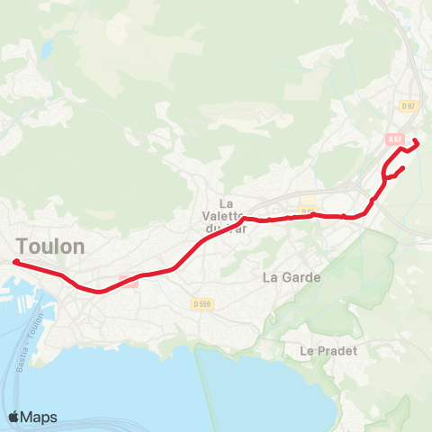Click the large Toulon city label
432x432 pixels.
click(x=50, y=246)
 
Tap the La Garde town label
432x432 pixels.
click(x=292, y=277)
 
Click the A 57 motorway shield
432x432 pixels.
click(x=394, y=139)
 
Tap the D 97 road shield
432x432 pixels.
click(x=409, y=106)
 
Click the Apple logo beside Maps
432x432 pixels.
click(x=14, y=417)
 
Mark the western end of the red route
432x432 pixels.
click(x=15, y=262)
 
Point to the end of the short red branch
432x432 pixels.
click(x=401, y=167)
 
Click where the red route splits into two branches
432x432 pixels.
click(x=387, y=176)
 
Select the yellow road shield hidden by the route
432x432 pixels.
click(x=309, y=213)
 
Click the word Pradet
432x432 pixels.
click(x=336, y=350)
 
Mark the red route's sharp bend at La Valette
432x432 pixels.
click(x=244, y=217)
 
